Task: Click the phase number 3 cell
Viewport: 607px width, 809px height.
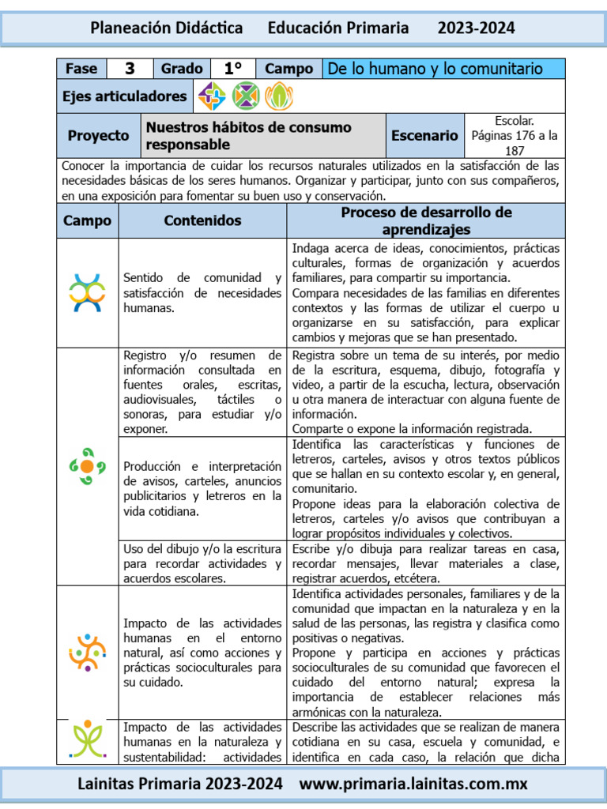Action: click(x=130, y=69)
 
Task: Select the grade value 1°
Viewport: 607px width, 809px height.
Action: click(x=232, y=69)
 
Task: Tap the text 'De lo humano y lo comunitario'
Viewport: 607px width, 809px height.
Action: click(x=435, y=69)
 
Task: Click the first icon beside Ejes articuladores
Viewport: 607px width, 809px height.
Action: click(x=212, y=96)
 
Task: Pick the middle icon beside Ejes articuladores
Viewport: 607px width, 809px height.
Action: click(x=246, y=96)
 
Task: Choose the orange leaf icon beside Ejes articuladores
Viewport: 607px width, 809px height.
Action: click(x=278, y=96)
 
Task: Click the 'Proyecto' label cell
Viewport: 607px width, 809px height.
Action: click(x=98, y=136)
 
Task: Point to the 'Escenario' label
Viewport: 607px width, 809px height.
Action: click(x=424, y=136)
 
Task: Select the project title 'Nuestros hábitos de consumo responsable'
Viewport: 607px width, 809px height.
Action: click(x=249, y=136)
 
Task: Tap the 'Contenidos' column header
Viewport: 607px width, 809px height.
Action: click(x=202, y=220)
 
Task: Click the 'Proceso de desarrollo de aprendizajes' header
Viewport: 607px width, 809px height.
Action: click(x=426, y=220)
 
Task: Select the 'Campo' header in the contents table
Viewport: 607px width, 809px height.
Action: click(x=88, y=220)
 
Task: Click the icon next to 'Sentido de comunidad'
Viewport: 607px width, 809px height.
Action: click(x=87, y=292)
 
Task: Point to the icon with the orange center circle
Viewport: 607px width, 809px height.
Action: click(x=87, y=466)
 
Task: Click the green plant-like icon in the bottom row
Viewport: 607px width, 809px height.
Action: click(x=87, y=741)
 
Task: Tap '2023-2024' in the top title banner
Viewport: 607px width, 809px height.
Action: click(x=476, y=28)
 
